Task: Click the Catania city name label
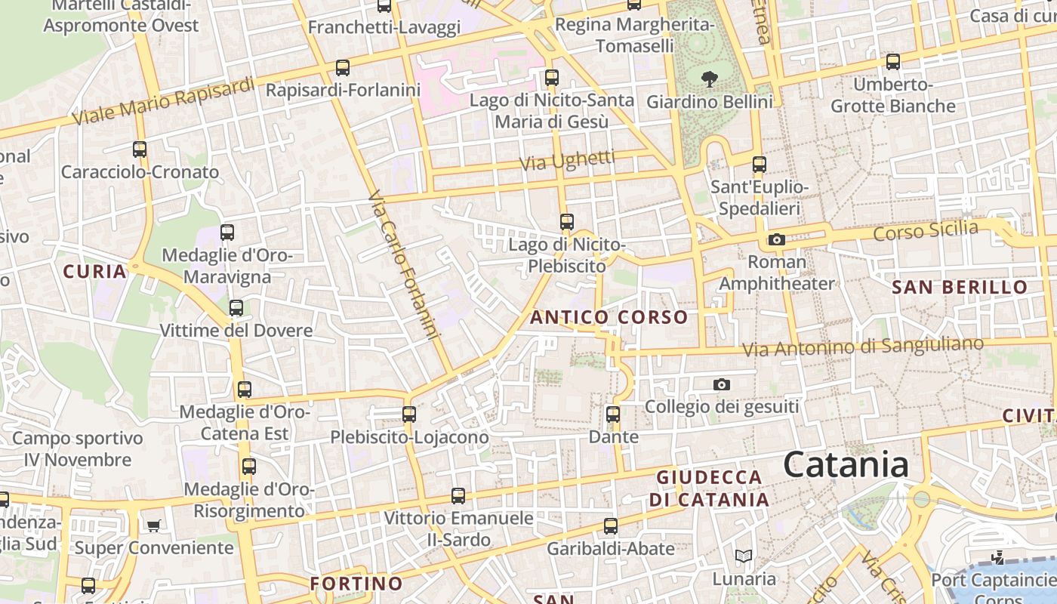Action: point(846,464)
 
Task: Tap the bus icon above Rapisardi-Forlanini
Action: point(343,68)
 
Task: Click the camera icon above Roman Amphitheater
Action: point(776,240)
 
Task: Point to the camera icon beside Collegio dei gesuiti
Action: point(722,385)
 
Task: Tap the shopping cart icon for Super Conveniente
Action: point(154,525)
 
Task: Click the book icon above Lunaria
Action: point(744,556)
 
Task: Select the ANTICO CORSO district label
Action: point(609,317)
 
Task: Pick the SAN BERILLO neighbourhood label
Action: point(960,287)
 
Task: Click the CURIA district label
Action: point(94,271)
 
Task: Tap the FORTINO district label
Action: point(356,584)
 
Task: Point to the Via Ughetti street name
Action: point(568,160)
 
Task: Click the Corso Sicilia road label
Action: point(926,231)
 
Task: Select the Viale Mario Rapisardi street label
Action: point(164,102)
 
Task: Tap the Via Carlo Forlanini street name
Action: point(404,265)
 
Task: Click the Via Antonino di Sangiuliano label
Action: point(863,347)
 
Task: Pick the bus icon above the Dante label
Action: point(613,414)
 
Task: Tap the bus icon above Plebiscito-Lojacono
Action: point(409,414)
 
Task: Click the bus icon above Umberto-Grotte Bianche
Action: point(893,62)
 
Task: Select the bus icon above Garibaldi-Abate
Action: point(611,526)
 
